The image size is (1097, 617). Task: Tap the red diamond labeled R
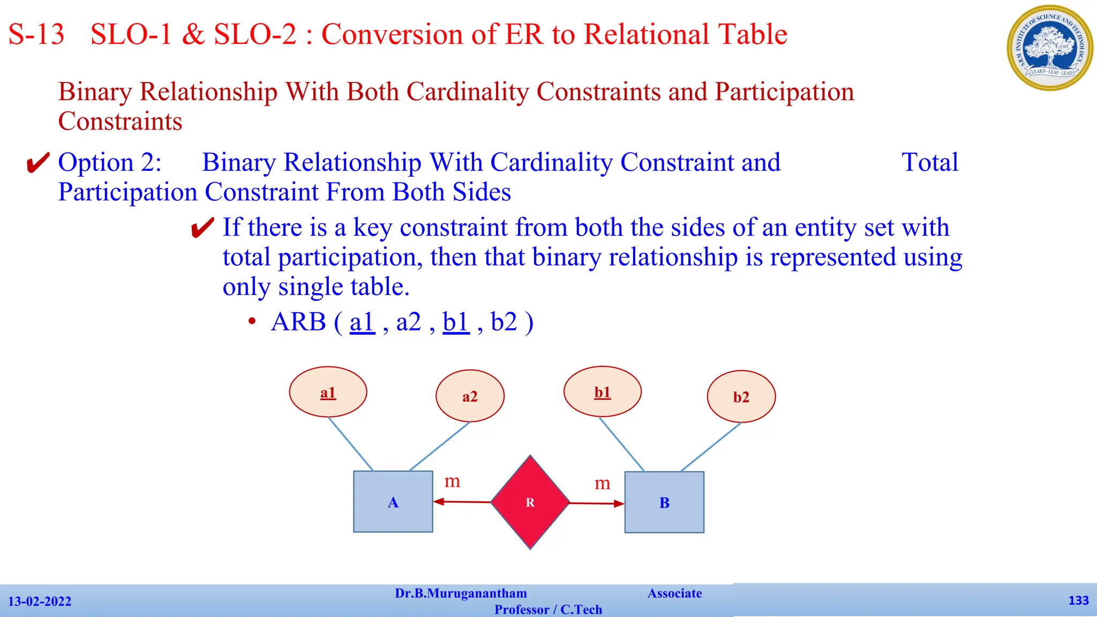530,502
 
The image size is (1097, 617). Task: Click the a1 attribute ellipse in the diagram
328,392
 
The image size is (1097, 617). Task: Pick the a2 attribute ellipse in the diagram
470,396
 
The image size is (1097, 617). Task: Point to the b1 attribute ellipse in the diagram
602,392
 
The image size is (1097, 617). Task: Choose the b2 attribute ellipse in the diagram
741,397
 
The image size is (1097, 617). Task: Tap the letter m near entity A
452,481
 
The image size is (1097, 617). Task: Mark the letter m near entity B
602,483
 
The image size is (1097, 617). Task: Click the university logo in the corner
1049,48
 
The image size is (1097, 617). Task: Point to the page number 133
1078,600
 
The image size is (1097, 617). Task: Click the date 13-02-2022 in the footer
40,601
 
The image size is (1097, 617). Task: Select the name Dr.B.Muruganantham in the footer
461,593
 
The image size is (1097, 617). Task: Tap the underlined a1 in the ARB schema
362,322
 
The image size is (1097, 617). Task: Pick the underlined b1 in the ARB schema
456,322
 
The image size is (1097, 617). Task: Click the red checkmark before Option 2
38,163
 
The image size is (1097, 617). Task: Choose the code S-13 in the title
36,34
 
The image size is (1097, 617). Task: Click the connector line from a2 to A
439,447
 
